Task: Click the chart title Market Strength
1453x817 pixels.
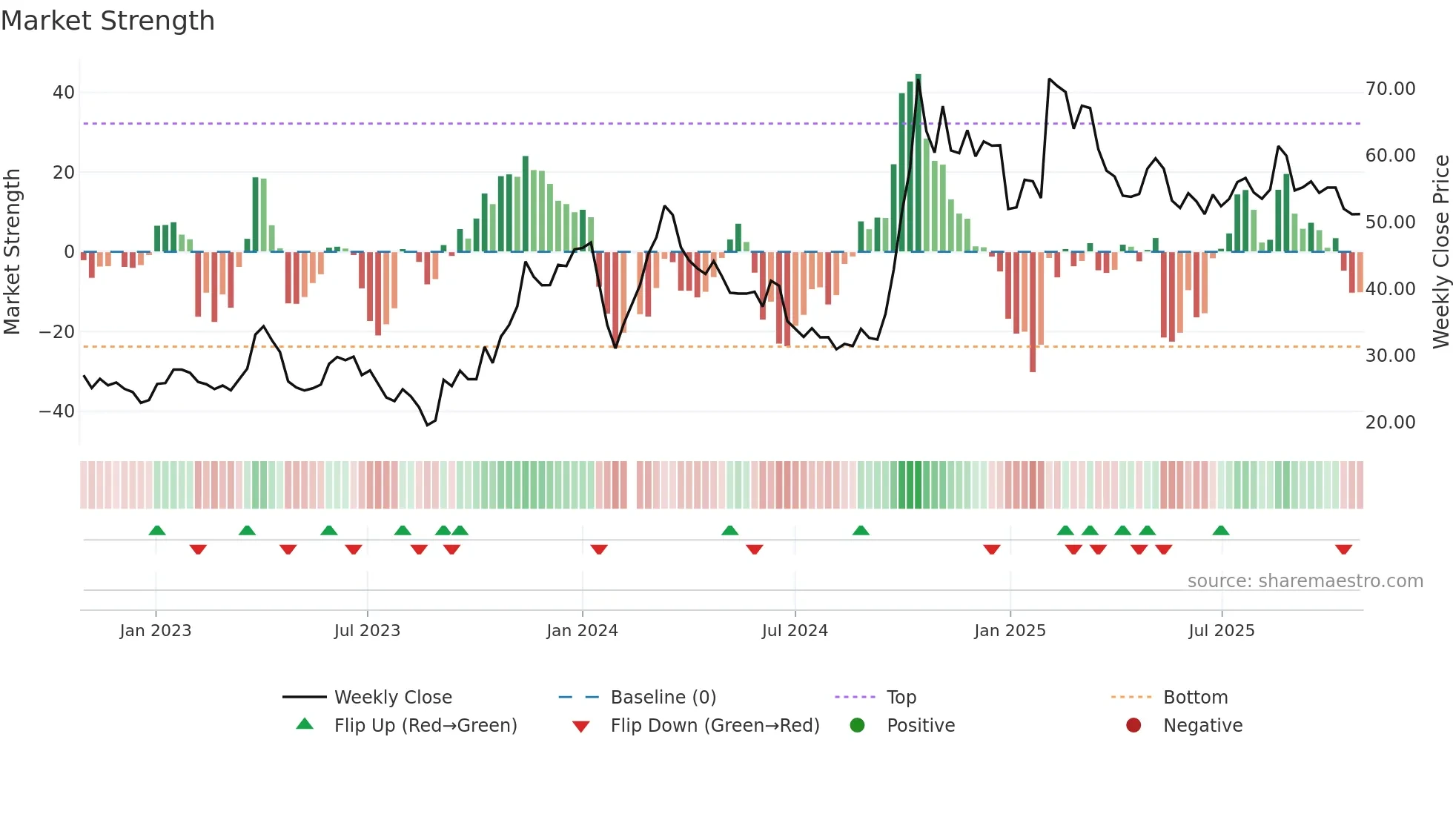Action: [107, 21]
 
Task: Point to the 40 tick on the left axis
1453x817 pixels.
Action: [64, 93]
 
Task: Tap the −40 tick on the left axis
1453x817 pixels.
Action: [57, 411]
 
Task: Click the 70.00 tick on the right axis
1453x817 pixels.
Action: [1390, 89]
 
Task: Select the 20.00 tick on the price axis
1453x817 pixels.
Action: [1390, 423]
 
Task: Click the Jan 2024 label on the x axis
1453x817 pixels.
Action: [582, 631]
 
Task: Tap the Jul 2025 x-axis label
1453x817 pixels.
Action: [1221, 631]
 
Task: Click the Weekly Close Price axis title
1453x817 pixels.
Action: [1440, 251]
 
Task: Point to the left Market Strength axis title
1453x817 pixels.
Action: [12, 251]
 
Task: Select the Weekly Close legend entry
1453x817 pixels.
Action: [393, 698]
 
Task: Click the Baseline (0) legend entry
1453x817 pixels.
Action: [663, 698]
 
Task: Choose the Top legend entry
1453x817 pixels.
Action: [901, 698]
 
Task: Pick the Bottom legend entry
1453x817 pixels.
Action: [1195, 698]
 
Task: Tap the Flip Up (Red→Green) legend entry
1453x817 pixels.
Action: [425, 726]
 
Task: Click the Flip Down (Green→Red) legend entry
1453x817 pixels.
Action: [715, 726]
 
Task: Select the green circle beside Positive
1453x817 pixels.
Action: [858, 726]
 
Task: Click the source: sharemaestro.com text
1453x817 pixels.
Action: [1305, 581]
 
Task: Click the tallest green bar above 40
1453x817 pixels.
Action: [919, 163]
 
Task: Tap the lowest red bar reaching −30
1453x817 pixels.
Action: [1033, 311]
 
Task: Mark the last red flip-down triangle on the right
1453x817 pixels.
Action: [1343, 549]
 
